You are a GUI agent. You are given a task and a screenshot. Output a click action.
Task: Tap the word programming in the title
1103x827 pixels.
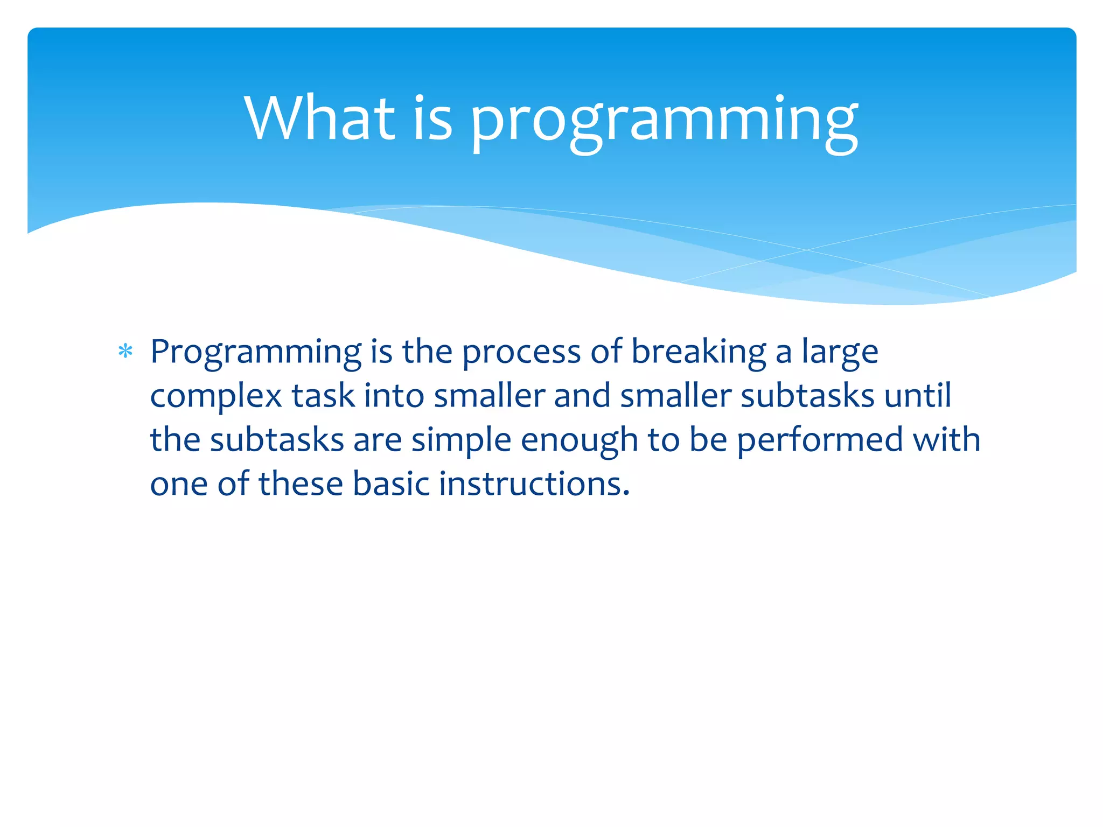tap(664, 121)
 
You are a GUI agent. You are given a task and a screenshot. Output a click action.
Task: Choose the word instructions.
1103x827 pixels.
tap(534, 483)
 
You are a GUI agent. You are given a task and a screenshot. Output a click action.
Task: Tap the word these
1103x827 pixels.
tap(301, 483)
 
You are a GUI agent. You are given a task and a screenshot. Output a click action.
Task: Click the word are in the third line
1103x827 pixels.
tap(377, 440)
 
